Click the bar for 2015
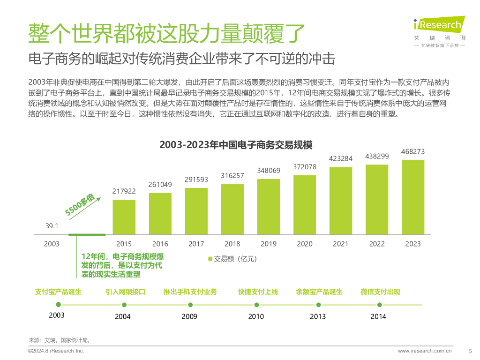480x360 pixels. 124,217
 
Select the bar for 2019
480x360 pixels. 269,207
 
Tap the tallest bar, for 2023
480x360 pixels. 413,197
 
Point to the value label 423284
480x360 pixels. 341,158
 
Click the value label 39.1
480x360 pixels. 52,226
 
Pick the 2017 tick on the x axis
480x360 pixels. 196,244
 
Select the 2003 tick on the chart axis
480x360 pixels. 52,244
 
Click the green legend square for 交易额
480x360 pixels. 210,259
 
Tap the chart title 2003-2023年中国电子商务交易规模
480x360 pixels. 236,144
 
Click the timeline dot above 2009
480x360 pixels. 190,304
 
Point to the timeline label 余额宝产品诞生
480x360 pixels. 319,292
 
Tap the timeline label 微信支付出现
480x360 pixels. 380,292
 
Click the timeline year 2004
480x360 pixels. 123,316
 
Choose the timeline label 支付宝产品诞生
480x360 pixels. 58,292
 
